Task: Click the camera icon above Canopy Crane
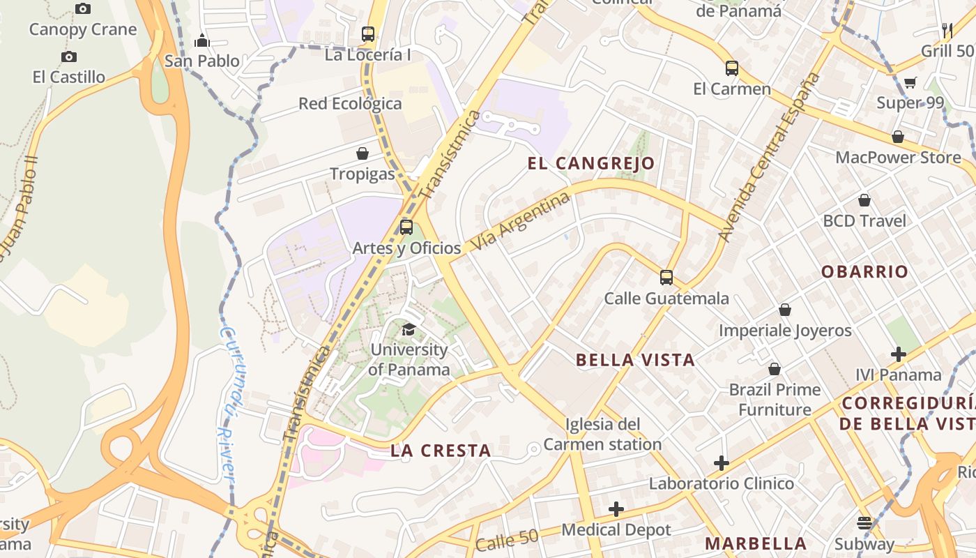point(83,9)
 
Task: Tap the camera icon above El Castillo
point(69,56)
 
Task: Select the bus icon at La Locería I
point(368,33)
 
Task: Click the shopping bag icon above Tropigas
point(363,153)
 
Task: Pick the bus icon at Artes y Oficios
point(406,227)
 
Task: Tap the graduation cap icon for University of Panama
point(409,329)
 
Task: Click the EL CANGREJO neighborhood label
point(591,163)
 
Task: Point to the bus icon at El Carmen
point(731,68)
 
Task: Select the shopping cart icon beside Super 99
point(910,83)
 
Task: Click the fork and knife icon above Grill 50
point(947,30)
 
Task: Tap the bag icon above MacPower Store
point(898,137)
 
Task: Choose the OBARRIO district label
point(864,271)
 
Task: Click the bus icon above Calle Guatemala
point(666,278)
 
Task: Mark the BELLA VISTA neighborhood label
point(635,360)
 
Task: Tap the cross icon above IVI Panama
point(898,354)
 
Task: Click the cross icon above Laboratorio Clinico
point(722,462)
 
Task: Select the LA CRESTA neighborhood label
point(441,451)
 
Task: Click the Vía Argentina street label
point(521,222)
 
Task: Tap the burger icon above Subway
point(864,522)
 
